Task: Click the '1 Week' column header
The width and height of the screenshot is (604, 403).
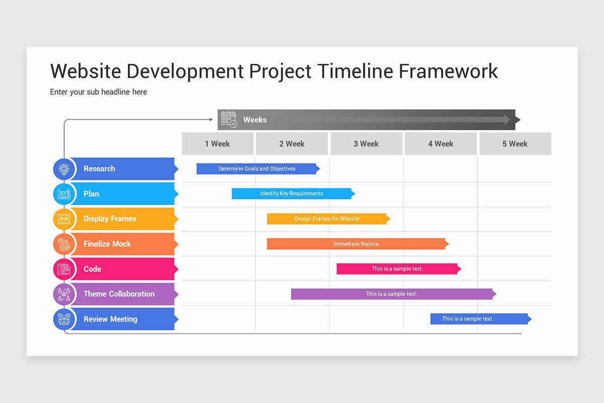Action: (217, 144)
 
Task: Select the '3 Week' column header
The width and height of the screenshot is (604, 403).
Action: (366, 144)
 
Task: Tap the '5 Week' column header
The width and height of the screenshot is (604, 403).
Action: (515, 144)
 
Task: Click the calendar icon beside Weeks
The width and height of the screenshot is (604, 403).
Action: (229, 119)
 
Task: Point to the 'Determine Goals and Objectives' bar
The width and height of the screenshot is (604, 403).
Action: (257, 169)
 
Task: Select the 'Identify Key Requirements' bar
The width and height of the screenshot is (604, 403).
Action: (292, 193)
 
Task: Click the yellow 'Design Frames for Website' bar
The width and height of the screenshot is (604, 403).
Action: (327, 219)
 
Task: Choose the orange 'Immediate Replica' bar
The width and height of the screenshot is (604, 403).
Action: (356, 244)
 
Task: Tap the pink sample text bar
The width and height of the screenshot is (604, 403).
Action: (398, 269)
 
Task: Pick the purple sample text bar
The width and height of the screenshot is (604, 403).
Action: (392, 294)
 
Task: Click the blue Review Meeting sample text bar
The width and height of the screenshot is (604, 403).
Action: (468, 319)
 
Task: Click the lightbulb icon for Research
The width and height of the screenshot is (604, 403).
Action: (64, 169)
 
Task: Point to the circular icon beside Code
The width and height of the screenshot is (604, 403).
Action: (64, 269)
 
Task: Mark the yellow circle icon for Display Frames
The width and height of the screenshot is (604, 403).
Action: (64, 219)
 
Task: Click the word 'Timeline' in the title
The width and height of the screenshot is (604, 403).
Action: (355, 71)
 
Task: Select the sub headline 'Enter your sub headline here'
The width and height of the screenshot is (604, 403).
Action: (99, 92)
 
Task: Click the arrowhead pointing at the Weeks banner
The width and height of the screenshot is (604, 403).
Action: (211, 119)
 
